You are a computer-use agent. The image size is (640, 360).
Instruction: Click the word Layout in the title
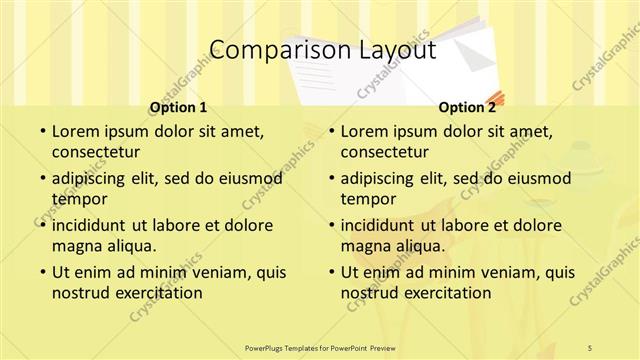tap(391, 51)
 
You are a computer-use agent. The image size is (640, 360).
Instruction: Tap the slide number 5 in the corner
tap(591, 347)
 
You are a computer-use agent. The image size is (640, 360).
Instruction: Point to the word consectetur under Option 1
tap(95, 153)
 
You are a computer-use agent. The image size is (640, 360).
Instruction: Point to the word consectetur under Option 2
tap(384, 153)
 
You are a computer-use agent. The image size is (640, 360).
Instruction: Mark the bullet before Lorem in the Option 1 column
tap(40, 132)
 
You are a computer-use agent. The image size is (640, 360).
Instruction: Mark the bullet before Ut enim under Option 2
tap(329, 272)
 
